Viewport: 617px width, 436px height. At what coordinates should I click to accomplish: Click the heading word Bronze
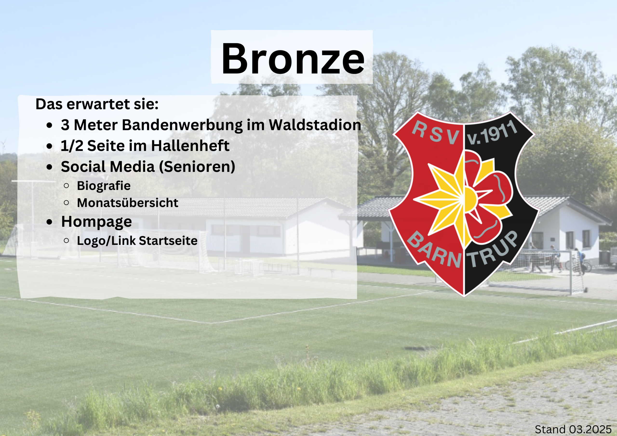coord(293,59)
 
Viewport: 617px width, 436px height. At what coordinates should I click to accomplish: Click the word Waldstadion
coord(315,125)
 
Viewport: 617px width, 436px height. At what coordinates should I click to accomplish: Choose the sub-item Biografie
coord(104,186)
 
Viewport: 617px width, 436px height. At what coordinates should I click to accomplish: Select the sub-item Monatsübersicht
coord(128,203)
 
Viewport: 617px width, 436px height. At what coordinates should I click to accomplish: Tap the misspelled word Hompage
coord(96,222)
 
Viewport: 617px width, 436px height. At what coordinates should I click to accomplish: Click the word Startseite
coord(168,241)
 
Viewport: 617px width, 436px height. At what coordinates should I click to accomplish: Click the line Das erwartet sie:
coord(97,104)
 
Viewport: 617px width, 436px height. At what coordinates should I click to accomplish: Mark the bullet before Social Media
coord(49,167)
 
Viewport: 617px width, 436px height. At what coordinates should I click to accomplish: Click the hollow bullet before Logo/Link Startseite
coord(66,241)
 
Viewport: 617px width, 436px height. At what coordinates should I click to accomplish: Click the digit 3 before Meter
coord(65,125)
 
